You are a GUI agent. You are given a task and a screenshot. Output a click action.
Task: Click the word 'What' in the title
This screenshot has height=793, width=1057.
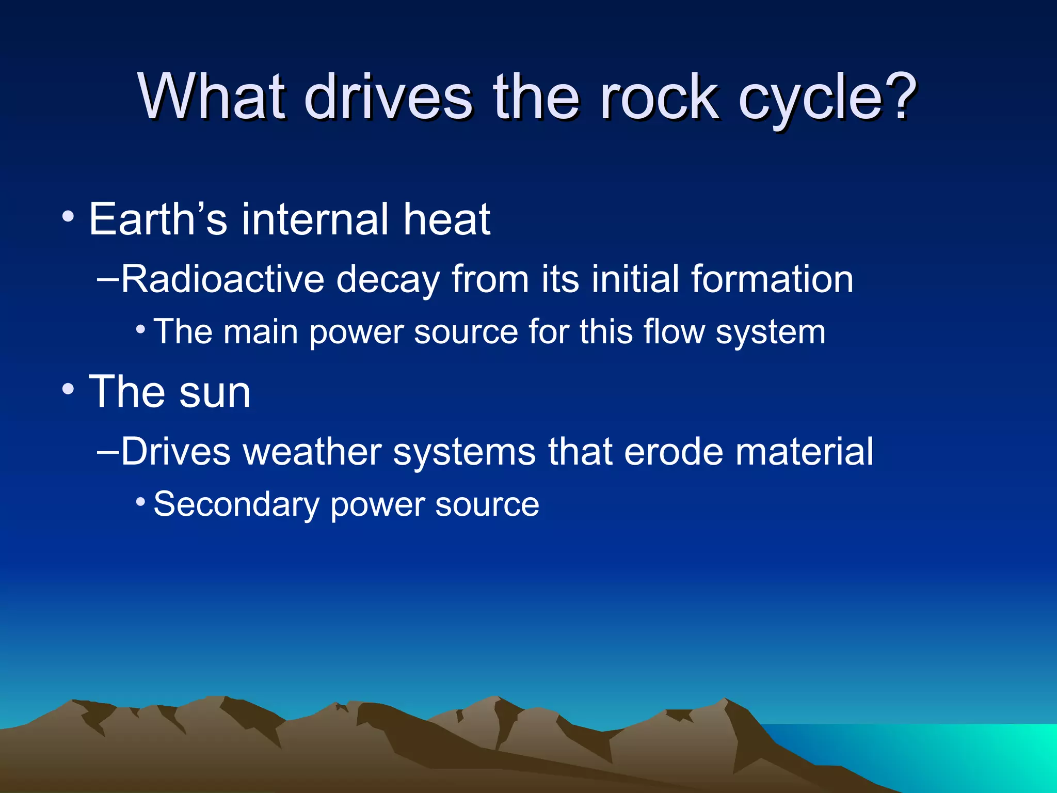tap(212, 97)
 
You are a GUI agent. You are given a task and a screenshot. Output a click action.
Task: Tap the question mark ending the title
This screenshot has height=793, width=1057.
tap(900, 97)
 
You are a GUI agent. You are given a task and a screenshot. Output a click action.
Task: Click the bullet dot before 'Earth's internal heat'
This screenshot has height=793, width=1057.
tap(68, 217)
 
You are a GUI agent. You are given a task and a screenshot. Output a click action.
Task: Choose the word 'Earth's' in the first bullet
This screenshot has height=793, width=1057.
tap(157, 219)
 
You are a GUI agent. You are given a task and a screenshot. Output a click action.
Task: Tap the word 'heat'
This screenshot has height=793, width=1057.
tap(446, 219)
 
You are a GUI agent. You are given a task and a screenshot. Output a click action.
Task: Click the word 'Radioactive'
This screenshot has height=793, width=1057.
tap(222, 279)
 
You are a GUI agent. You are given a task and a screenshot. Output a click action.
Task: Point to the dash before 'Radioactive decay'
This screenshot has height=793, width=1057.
tap(108, 279)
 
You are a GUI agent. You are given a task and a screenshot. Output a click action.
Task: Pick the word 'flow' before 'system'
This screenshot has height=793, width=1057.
tap(674, 331)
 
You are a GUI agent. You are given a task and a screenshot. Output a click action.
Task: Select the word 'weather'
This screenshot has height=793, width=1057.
tap(312, 452)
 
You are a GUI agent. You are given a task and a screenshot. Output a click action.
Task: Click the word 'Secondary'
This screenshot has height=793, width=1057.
tap(236, 504)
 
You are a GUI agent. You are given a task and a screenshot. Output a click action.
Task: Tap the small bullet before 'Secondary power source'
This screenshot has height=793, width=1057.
tap(140, 501)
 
